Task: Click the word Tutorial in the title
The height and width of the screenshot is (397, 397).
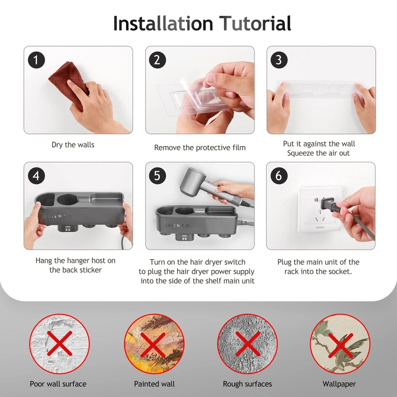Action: [x=255, y=23]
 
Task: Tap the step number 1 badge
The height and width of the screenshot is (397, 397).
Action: [x=36, y=60]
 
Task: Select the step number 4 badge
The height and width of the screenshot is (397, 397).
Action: [x=36, y=176]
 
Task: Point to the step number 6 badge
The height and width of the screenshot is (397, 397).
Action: [x=279, y=176]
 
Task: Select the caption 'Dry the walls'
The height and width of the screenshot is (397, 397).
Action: [x=73, y=145]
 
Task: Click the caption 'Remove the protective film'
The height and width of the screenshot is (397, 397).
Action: [x=200, y=147]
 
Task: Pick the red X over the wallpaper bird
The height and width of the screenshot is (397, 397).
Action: [x=340, y=345]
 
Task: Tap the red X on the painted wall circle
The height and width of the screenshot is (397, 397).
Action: [x=153, y=345]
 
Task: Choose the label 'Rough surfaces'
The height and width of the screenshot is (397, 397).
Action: [x=247, y=384]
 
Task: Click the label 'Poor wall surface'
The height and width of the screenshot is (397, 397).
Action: [x=58, y=384]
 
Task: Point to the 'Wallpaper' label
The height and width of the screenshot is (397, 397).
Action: [x=339, y=384]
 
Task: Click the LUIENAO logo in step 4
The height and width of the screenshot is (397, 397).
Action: [x=58, y=216]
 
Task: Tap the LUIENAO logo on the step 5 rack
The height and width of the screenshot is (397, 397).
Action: [x=177, y=225]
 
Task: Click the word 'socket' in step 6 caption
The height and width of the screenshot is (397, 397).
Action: [x=340, y=271]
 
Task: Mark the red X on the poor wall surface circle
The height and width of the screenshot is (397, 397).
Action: [x=59, y=343]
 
